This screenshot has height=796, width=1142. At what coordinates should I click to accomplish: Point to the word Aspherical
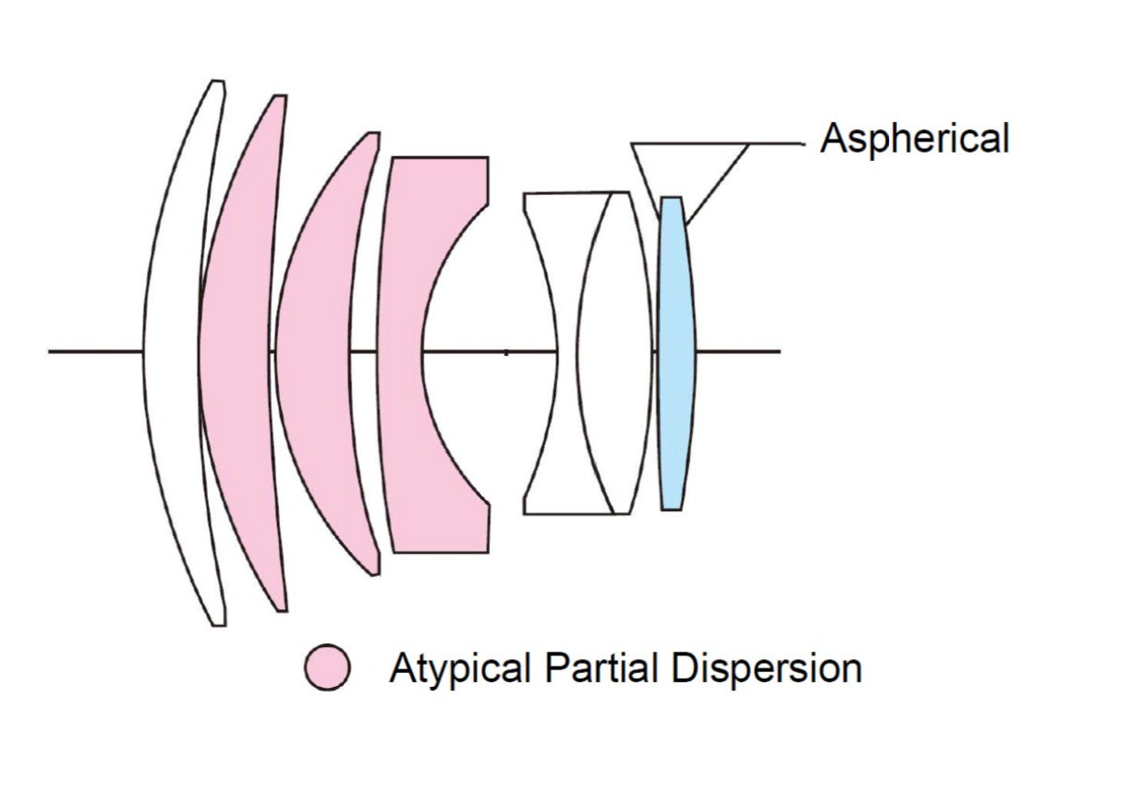click(915, 140)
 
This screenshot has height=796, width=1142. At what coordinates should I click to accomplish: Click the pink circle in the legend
click(328, 667)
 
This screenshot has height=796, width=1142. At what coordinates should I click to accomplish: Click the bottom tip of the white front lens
click(218, 623)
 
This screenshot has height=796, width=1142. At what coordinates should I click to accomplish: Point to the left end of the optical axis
click(51, 351)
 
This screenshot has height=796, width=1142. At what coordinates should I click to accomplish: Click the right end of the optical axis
click(779, 351)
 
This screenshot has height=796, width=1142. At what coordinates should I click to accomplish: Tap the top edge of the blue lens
click(671, 198)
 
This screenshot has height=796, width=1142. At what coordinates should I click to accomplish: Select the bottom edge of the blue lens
click(672, 508)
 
